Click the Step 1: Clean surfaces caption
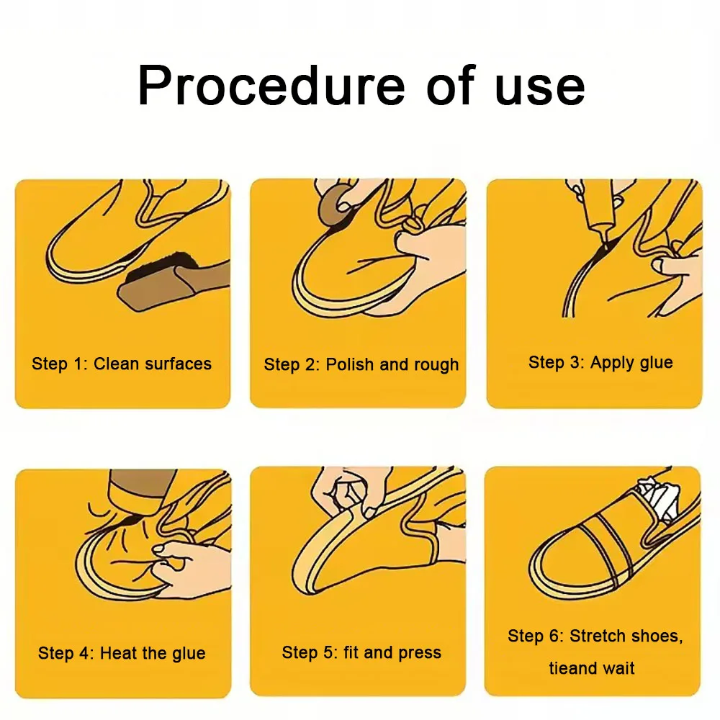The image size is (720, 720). [x=122, y=364]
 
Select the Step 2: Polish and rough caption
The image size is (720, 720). [x=361, y=364]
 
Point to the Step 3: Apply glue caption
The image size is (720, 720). [x=600, y=362]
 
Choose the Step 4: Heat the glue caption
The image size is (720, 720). [x=122, y=654]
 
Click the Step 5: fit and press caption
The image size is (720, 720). [x=361, y=653]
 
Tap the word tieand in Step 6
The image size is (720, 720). [x=573, y=668]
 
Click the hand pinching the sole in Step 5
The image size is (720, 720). [x=342, y=493]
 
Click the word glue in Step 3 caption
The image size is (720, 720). [x=656, y=362]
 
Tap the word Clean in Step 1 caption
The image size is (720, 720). [x=117, y=364]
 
